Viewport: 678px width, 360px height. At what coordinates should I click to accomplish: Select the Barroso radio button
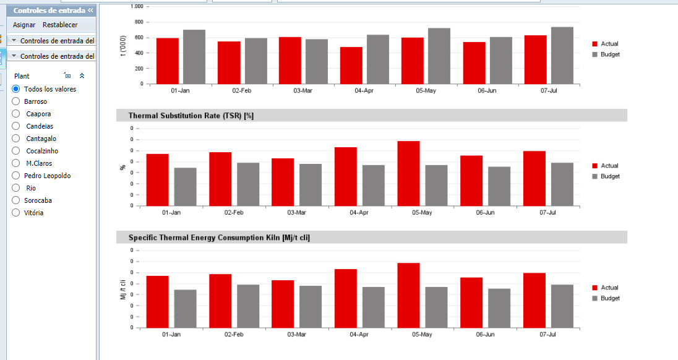[x=16, y=101]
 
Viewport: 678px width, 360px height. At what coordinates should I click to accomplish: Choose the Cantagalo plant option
[x=16, y=139]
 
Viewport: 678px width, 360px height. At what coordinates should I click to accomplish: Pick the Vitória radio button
[x=16, y=213]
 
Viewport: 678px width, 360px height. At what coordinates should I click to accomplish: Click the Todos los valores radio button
[x=16, y=88]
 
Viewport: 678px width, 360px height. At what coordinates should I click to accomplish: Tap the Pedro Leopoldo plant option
[x=16, y=176]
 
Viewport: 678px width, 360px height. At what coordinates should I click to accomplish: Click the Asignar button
[x=24, y=25]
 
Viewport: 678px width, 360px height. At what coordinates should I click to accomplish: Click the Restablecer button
[x=60, y=25]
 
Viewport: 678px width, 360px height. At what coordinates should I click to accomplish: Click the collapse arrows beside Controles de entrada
[x=90, y=10]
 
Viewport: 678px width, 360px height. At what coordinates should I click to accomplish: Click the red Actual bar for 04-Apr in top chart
[x=351, y=66]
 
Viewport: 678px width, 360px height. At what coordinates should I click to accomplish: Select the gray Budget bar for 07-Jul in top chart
[x=562, y=55]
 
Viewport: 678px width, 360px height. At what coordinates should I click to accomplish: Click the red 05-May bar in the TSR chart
[x=409, y=173]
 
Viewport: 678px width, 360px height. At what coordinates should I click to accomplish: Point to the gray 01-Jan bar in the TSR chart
[x=186, y=187]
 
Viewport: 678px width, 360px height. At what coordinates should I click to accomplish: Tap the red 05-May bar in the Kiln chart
[x=409, y=295]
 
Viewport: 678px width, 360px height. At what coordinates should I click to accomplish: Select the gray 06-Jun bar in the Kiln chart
[x=499, y=308]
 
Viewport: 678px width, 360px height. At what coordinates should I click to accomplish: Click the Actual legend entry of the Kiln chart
[x=606, y=288]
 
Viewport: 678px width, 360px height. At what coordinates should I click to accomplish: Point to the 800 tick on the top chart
[x=139, y=22]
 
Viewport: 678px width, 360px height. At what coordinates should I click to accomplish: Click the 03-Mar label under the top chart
[x=303, y=91]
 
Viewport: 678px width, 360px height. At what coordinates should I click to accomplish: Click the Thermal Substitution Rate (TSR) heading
[x=191, y=116]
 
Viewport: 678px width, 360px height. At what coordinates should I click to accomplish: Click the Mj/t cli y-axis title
[x=123, y=289]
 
